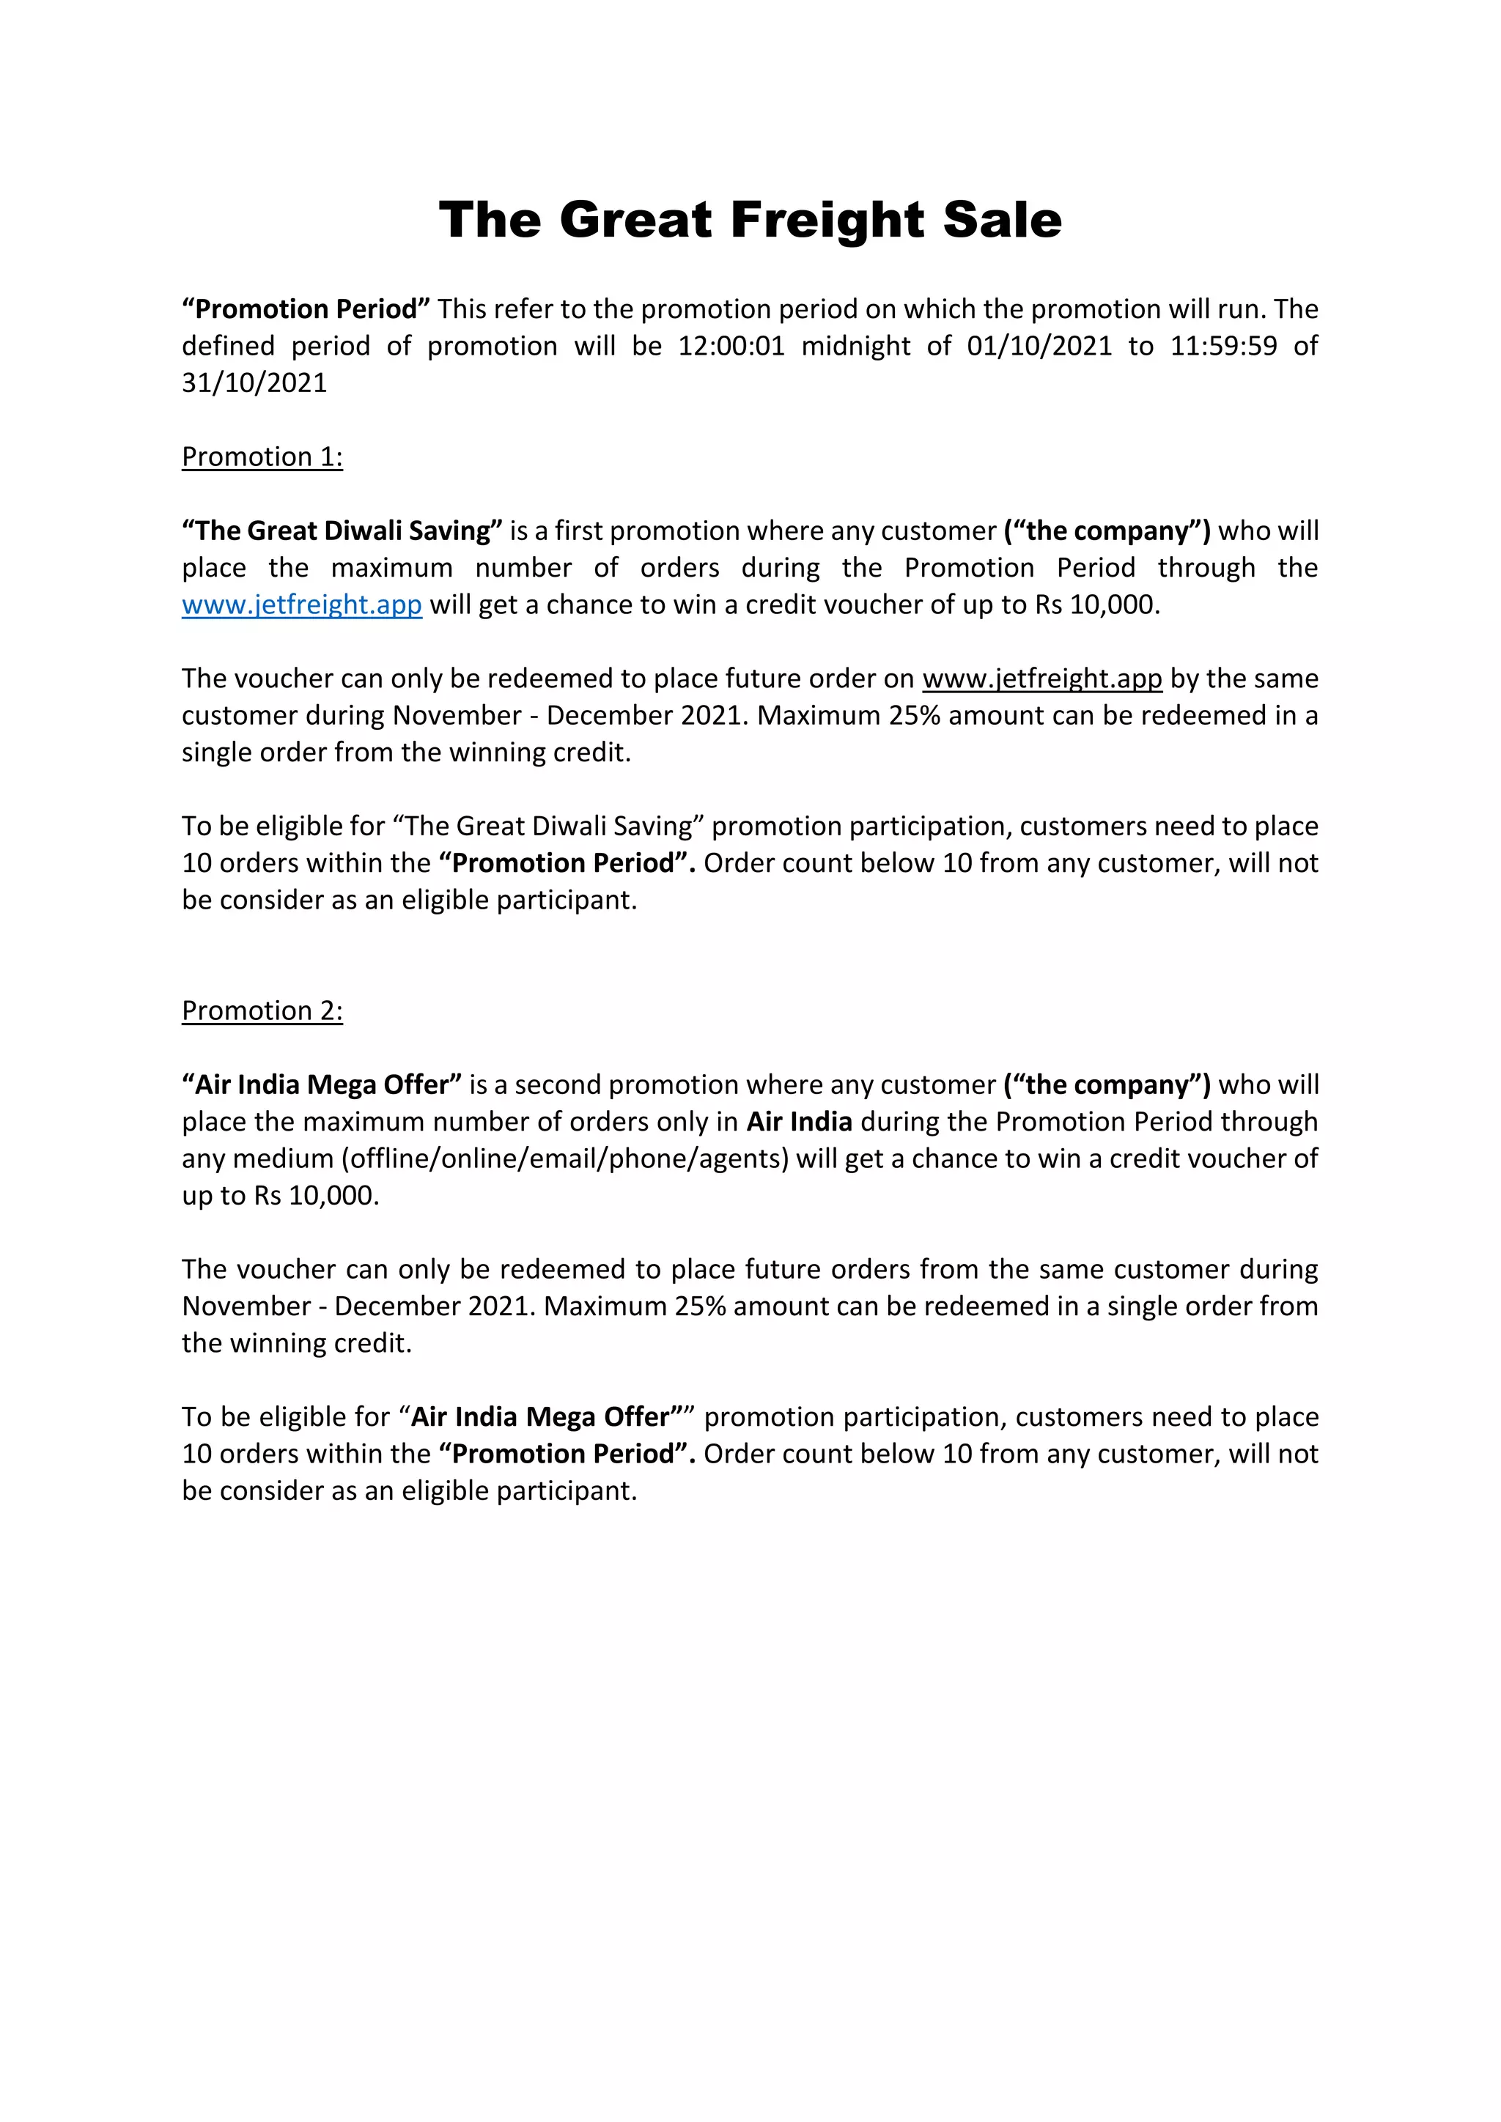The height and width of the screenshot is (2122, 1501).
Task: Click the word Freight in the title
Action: coord(827,220)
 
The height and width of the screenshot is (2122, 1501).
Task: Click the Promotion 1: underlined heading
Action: coord(262,456)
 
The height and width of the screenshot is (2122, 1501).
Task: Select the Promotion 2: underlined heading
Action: coord(262,1010)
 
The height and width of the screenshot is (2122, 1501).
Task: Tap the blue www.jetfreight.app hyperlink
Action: coord(301,605)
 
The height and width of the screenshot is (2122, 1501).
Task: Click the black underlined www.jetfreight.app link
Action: coord(1041,679)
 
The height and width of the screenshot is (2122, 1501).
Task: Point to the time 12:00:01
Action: coord(731,346)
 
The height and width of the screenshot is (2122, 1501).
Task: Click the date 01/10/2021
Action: coord(1039,346)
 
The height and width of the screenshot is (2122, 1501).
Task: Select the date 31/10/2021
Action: coord(254,382)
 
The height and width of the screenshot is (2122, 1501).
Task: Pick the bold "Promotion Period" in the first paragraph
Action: coord(306,308)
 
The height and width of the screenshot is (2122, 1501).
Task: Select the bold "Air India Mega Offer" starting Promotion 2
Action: coord(322,1084)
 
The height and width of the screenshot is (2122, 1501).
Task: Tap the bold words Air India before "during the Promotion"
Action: coord(799,1121)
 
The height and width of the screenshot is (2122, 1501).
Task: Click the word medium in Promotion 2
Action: coord(283,1158)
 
